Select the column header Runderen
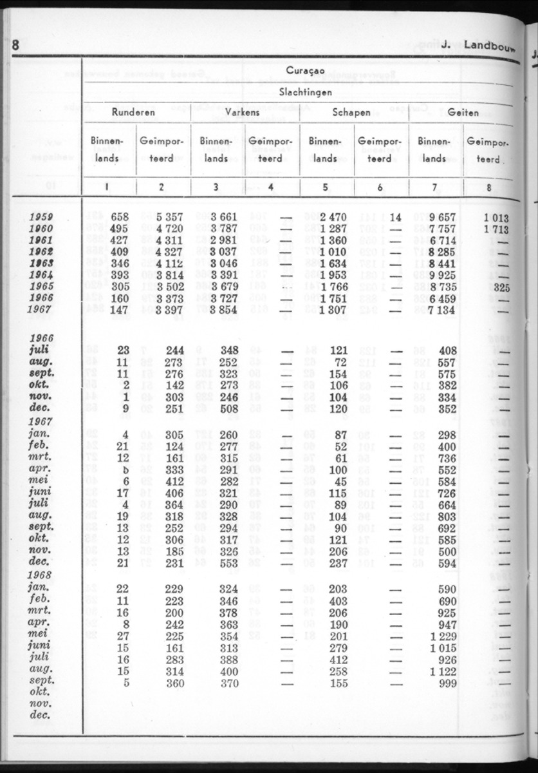pyautogui.click(x=133, y=112)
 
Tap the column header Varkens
pyautogui.click(x=243, y=112)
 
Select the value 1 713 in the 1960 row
pyautogui.click(x=496, y=229)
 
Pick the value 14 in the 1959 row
pyautogui.click(x=395, y=218)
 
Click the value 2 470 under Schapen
pyautogui.click(x=334, y=218)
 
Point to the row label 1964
pyautogui.click(x=41, y=276)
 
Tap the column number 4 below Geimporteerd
pyautogui.click(x=271, y=187)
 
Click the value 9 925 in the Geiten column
pyautogui.click(x=441, y=276)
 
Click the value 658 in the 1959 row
pyautogui.click(x=120, y=218)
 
